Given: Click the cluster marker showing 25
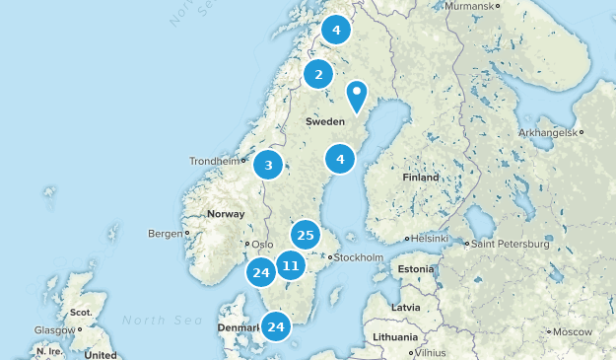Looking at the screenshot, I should [x=305, y=235].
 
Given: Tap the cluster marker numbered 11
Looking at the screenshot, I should [x=290, y=265].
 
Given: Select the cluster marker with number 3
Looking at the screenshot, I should [x=268, y=165].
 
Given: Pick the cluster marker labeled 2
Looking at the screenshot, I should [x=317, y=74].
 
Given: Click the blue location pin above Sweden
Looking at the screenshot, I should [x=356, y=96].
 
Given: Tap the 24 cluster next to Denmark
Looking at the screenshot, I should [x=276, y=326].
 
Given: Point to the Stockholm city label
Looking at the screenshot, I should [x=359, y=257].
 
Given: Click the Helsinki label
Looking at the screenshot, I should [x=430, y=239].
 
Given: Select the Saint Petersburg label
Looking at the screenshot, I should [x=509, y=243].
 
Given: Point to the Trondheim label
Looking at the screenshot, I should [x=214, y=161].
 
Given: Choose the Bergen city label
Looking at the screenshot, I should [x=164, y=234].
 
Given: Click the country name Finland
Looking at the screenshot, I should [x=421, y=178].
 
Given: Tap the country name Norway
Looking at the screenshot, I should [x=226, y=214].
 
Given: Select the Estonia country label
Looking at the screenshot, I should [x=414, y=268].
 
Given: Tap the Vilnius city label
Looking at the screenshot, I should [x=431, y=352].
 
